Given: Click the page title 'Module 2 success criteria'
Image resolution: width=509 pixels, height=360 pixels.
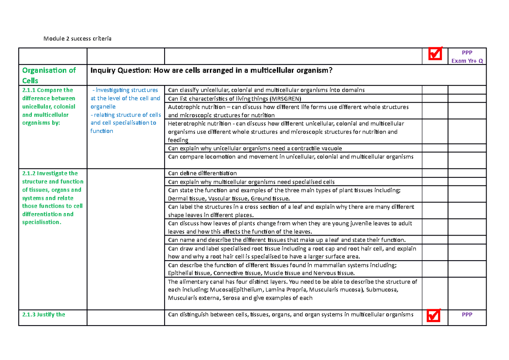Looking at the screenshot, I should tap(77, 39).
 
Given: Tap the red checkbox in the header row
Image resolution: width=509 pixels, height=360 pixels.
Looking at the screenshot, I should tap(435, 53).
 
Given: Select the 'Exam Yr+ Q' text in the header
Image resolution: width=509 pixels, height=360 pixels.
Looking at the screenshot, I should tap(467, 60).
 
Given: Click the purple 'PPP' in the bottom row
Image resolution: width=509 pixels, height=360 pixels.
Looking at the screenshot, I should tap(467, 315).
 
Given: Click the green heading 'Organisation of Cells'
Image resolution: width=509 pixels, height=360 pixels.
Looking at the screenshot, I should tap(49, 75).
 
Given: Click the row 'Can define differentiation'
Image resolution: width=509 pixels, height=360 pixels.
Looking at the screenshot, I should tap(202, 173).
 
